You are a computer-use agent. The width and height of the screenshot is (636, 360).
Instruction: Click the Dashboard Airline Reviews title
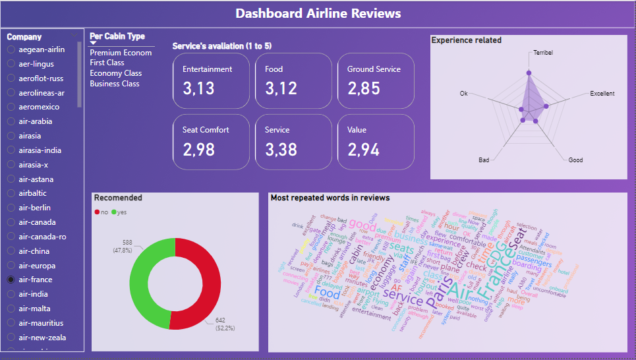click(x=318, y=13)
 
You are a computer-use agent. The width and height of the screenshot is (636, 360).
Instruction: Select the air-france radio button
click(x=11, y=280)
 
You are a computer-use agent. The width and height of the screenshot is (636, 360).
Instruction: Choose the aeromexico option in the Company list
click(x=11, y=107)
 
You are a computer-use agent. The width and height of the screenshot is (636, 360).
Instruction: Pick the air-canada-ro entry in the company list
click(x=11, y=237)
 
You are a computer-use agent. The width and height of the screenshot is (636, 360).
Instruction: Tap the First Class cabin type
click(x=107, y=63)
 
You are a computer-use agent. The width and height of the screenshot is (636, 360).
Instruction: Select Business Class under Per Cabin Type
click(x=114, y=84)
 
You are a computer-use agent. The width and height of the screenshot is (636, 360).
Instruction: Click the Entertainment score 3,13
click(x=198, y=88)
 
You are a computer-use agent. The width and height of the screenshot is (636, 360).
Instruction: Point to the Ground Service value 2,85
click(x=364, y=88)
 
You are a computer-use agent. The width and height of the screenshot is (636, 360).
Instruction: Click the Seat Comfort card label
click(x=206, y=130)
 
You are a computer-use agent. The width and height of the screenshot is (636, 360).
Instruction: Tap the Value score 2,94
click(x=364, y=150)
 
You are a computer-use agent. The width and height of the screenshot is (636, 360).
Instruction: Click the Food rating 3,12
click(x=281, y=88)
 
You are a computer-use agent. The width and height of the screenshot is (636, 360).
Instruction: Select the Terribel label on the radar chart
click(x=542, y=53)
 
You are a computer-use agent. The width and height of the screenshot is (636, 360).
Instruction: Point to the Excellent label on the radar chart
click(x=602, y=94)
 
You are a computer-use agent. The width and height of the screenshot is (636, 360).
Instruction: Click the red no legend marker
click(x=97, y=212)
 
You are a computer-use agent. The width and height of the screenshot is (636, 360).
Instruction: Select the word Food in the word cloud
click(x=328, y=292)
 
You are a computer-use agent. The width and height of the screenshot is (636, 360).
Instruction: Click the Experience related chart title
click(x=466, y=40)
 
